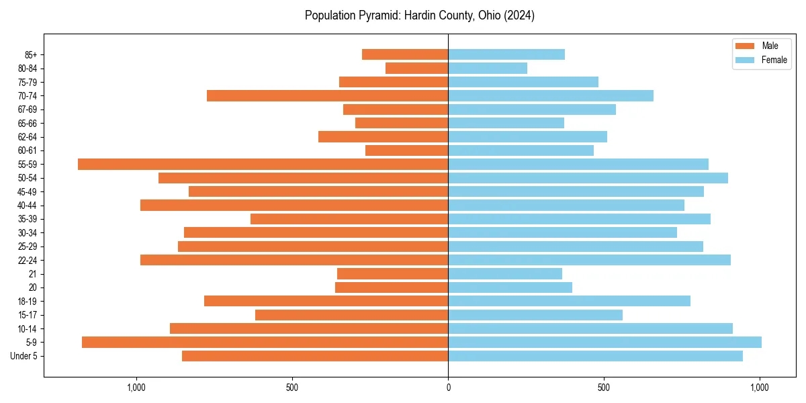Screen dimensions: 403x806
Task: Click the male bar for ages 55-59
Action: coord(263,164)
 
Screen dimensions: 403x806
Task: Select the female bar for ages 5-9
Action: coord(604,343)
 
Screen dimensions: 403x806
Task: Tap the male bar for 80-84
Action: coord(416,68)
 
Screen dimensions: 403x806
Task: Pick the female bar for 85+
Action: coord(506,54)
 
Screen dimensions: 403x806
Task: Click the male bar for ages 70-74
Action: coord(327,95)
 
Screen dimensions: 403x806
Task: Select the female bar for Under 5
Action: coord(595,356)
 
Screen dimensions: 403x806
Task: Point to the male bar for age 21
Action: coord(392,273)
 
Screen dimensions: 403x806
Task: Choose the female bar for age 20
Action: coord(510,287)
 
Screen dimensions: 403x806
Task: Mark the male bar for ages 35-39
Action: coord(349,219)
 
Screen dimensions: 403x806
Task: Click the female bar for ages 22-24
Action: coord(589,260)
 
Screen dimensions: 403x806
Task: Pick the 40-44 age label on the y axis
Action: coord(28,206)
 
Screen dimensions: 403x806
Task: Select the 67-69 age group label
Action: coord(28,109)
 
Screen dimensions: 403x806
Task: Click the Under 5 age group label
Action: coord(24,356)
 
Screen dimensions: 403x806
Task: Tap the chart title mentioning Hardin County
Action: coord(420,15)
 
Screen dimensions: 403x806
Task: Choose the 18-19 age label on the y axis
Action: coord(28,302)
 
